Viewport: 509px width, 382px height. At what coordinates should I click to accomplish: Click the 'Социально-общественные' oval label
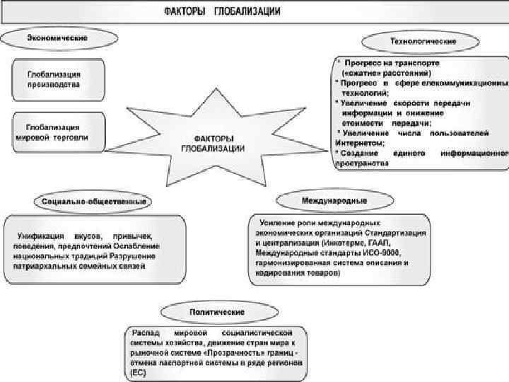[x=94, y=202]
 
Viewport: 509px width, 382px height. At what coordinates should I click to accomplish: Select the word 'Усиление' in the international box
[x=278, y=223]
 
